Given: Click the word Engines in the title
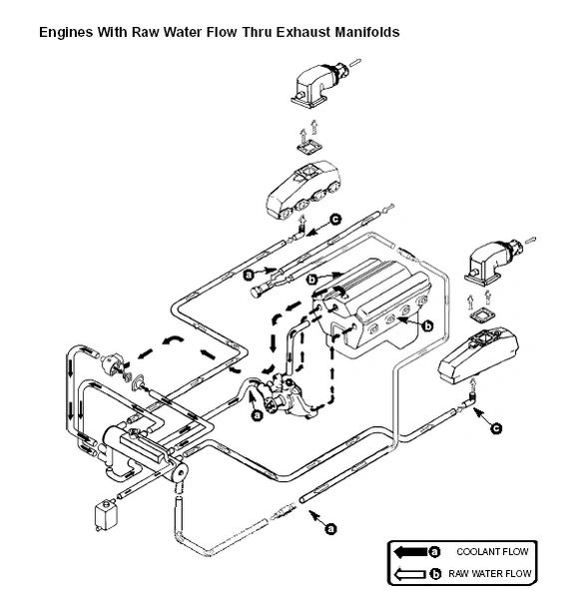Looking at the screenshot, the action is coord(66,32).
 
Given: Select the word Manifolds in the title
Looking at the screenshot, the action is coord(367,32).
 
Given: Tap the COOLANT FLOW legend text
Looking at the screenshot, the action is coord(492,552).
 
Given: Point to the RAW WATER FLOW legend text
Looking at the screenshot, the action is coord(489,573).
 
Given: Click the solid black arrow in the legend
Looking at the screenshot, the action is coord(410,552).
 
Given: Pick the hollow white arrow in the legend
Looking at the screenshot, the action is coord(410,574).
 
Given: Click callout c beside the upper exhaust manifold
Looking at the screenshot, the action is coord(335,220).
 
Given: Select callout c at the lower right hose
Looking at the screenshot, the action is coord(496,428).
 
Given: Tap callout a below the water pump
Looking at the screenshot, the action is coord(258,415).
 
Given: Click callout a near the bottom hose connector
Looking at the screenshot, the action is coord(330,529).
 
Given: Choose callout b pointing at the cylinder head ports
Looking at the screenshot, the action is coord(428,326).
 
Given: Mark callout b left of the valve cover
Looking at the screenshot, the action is coord(312,280).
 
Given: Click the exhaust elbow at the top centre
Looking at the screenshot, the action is coord(320,84).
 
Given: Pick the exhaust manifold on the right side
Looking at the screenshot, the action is coord(477,355).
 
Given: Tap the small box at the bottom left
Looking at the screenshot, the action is coord(106,515).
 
